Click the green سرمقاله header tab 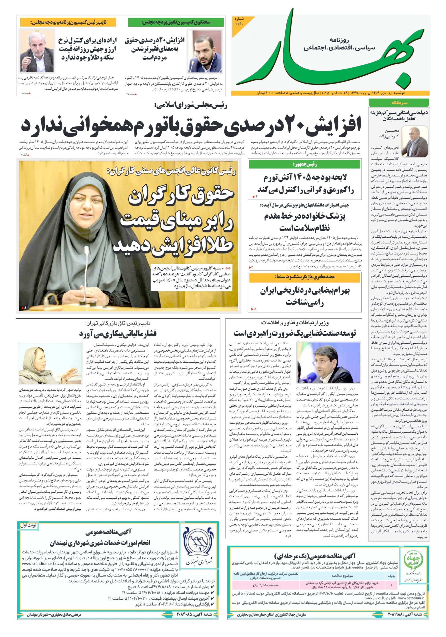[399, 103]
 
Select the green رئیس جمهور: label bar [305, 164]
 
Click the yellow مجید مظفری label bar [305, 277]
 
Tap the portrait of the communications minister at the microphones [328, 363]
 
